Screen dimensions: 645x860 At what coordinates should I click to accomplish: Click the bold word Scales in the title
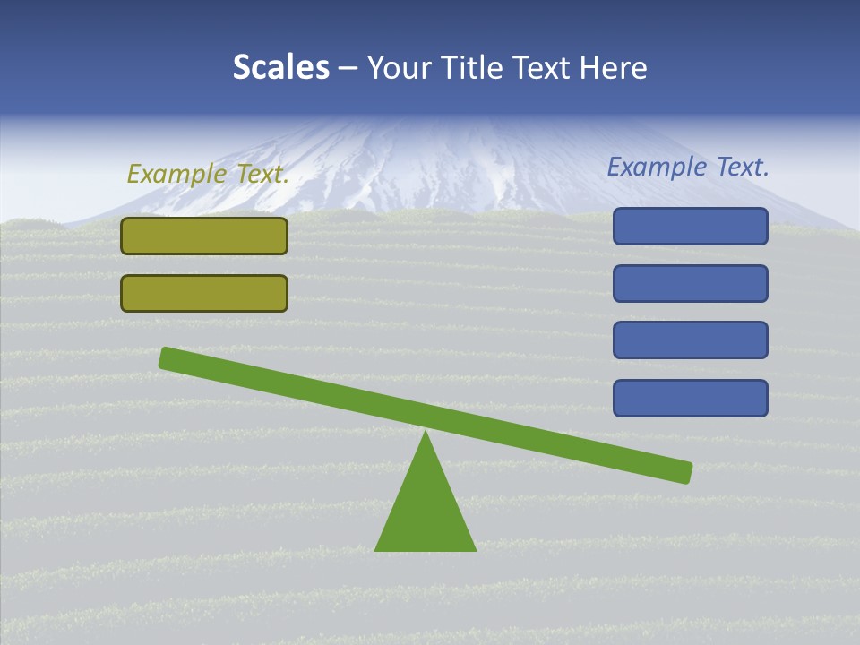tap(280, 67)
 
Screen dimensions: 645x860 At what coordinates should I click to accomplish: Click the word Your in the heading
tap(399, 67)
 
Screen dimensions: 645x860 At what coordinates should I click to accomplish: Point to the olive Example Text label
tap(208, 174)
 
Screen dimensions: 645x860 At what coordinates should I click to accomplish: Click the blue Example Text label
tap(688, 167)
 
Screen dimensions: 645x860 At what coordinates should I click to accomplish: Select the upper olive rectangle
tap(204, 236)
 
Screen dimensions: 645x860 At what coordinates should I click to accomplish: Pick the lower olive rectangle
tap(204, 293)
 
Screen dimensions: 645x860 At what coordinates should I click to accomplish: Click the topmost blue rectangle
tap(690, 226)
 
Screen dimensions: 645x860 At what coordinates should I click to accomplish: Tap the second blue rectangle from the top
tap(690, 283)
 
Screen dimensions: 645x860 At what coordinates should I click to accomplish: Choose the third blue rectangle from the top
tap(690, 340)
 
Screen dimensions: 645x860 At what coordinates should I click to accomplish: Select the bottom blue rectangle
tap(690, 398)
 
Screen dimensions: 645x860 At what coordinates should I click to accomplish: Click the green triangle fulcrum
tap(426, 511)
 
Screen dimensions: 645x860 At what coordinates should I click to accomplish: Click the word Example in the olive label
tap(177, 174)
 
